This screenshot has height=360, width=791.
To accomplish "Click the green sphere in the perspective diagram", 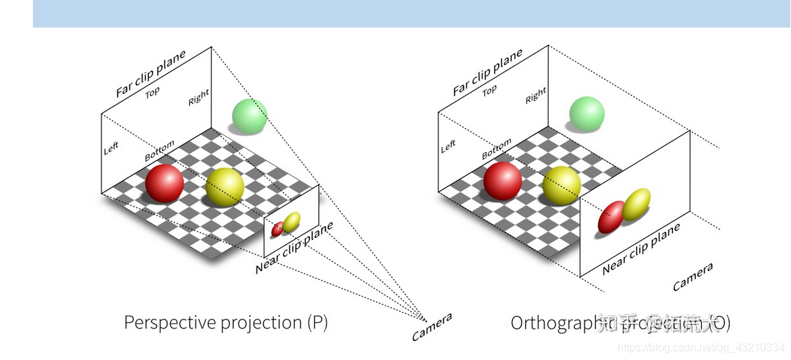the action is click(249, 116).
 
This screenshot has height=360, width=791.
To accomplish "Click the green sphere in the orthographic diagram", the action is click(587, 114).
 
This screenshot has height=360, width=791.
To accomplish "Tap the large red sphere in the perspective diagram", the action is click(165, 183).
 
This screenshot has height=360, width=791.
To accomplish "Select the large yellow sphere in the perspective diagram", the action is click(225, 186).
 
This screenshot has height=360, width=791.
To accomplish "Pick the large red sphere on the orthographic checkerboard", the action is click(502, 182).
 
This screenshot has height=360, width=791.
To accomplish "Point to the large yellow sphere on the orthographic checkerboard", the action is click(562, 185).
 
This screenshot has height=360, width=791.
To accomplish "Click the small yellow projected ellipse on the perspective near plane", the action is click(292, 221).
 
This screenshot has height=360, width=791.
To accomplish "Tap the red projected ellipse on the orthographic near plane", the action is click(611, 217).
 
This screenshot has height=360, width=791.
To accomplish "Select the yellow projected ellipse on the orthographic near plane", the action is click(636, 204).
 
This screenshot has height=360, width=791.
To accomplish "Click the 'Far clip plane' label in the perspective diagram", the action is click(150, 73).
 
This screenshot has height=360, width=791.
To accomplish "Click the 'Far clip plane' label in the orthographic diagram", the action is click(487, 72).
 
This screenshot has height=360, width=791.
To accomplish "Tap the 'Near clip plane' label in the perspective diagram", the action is click(294, 248).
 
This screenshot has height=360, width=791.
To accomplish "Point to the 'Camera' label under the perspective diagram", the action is click(432, 327).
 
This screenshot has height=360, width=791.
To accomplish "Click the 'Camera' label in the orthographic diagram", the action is click(692, 276).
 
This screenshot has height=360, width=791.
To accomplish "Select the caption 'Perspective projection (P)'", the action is click(226, 322).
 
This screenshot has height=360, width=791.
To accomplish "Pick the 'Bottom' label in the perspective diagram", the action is click(159, 152).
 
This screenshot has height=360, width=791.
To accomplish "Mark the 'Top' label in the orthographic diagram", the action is click(489, 90).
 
